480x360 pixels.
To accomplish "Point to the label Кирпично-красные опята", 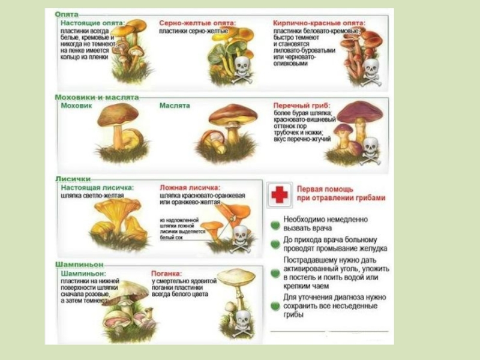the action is (319, 23).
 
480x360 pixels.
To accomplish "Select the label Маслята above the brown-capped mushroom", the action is (175, 106).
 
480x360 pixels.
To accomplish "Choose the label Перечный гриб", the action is (301, 104).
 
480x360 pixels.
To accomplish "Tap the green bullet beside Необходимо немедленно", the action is (275, 224).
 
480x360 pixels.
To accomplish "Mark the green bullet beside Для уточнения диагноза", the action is (275, 305).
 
